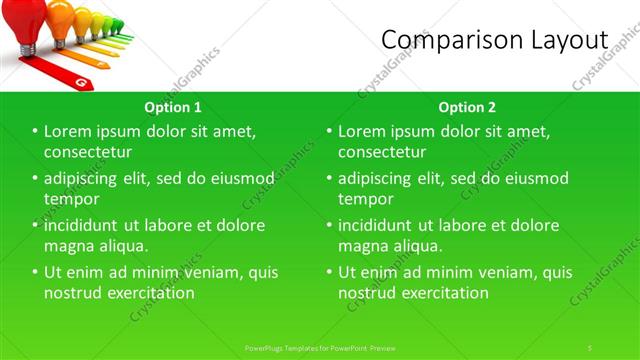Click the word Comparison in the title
(x=447, y=40)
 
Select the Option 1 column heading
(x=173, y=107)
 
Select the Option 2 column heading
(x=467, y=107)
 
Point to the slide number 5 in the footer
(x=590, y=347)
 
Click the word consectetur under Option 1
(x=89, y=152)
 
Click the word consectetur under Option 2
(x=382, y=152)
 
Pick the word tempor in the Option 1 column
(x=71, y=198)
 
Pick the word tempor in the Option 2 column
(x=364, y=198)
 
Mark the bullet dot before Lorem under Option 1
(x=35, y=132)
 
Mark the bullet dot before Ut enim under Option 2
(x=328, y=272)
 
